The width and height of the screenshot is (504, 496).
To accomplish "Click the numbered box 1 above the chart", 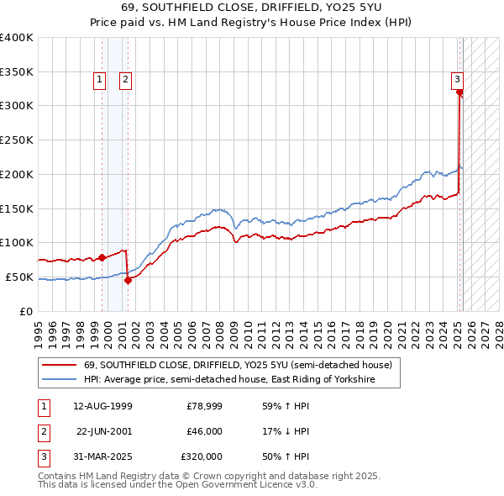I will coord(99,80).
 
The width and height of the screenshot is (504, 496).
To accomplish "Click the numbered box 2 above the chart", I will coord(124,80).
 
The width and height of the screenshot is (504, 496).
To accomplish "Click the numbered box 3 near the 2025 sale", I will coord(458,80).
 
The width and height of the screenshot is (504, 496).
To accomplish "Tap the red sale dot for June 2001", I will coord(128,280).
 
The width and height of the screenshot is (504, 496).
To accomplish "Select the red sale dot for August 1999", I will coord(102,257).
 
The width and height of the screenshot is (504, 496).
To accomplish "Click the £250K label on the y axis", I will coord(17,140).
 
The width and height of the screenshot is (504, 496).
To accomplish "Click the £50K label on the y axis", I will coord(20,277).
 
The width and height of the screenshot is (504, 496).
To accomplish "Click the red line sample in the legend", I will coord(60,366).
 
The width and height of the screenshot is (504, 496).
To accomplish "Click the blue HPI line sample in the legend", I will coord(60,380).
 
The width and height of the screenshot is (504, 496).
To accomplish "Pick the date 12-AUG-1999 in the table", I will coord(102,406).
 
